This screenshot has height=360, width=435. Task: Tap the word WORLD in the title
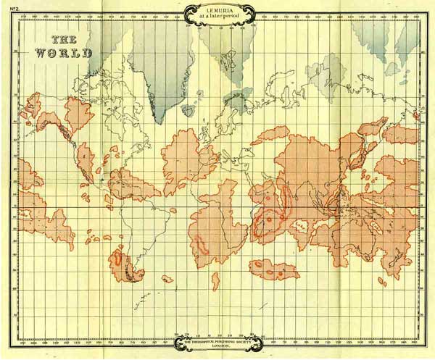click(65, 54)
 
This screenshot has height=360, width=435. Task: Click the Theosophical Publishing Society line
click(220, 342)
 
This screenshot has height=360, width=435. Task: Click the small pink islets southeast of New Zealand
click(382, 281)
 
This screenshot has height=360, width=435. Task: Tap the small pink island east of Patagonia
click(167, 278)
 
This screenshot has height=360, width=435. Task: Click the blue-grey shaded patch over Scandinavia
click(236, 101)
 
